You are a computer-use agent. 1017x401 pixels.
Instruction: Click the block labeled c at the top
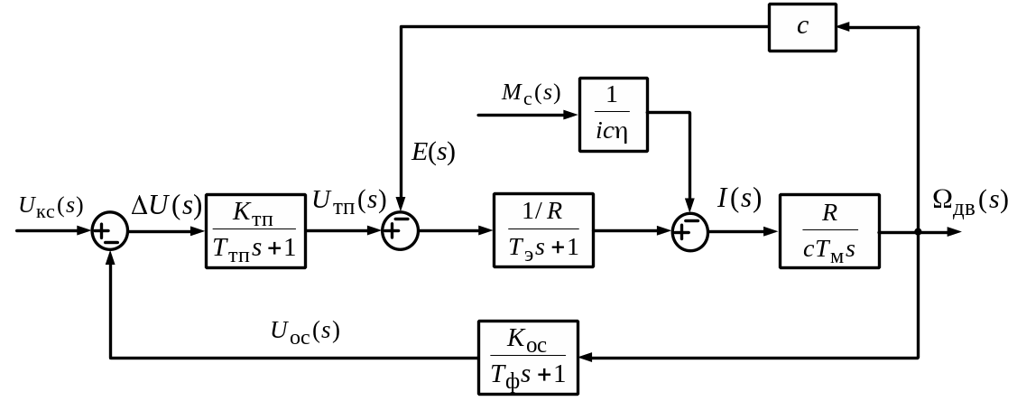coord(802,27)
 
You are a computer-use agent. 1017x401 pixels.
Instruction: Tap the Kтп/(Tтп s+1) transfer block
coord(256,230)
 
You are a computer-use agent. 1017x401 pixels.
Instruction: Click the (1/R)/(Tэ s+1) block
coord(543,230)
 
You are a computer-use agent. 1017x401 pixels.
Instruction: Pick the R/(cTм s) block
coord(829,230)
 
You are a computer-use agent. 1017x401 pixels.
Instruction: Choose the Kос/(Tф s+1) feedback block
coord(528,358)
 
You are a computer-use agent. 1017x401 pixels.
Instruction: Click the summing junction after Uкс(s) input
coord(110,231)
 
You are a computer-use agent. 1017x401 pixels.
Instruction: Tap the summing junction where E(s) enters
coord(401,231)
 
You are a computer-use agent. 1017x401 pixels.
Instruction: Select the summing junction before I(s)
coord(690,231)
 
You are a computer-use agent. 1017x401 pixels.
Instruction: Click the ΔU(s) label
coord(166,206)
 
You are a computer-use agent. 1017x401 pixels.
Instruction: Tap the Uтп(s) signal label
coord(348,201)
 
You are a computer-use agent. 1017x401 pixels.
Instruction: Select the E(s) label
coord(433,152)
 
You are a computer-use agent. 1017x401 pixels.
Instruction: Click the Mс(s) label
coord(532,93)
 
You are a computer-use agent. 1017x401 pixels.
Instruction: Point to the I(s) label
coord(739,199)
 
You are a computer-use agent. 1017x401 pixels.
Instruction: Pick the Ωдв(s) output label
coord(969,200)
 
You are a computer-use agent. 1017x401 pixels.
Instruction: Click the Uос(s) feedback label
coord(305,331)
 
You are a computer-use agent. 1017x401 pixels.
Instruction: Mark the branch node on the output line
coord(918,231)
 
